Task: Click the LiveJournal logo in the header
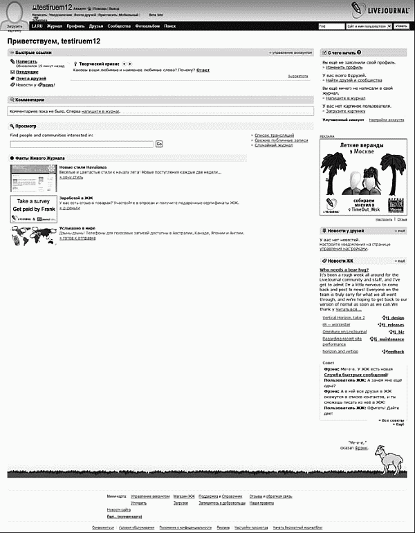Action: [x=376, y=9]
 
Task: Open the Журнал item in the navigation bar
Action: [x=54, y=26]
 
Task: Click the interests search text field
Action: [x=82, y=144]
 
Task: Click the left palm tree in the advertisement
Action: [x=335, y=173]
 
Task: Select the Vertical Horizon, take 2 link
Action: [x=343, y=316]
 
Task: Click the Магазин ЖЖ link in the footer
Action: [x=183, y=496]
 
